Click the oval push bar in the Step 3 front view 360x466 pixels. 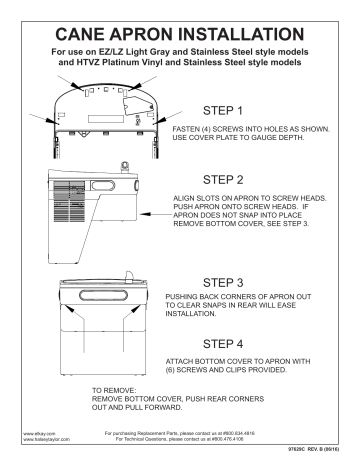tap(106, 283)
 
